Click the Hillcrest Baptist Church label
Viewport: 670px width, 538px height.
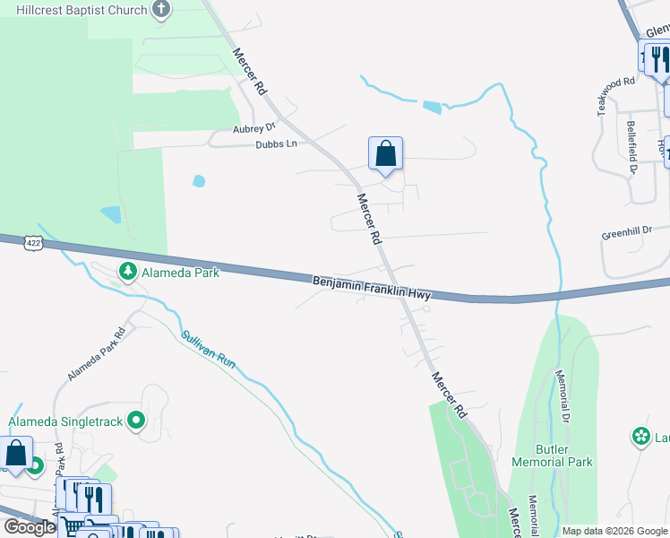pos(76,11)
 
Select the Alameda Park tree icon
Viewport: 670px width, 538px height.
pos(128,271)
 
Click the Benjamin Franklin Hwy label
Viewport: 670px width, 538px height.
pos(372,288)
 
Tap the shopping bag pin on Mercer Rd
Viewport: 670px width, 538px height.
pos(385,154)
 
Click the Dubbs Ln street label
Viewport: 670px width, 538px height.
pos(275,143)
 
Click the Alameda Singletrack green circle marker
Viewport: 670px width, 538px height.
pos(136,420)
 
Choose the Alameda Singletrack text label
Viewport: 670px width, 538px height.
pos(64,421)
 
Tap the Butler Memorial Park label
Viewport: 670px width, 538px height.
pos(552,456)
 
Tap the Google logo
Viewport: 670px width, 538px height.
pos(30,527)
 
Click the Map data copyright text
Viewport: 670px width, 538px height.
pos(614,531)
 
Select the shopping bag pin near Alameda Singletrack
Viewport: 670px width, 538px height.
pos(16,455)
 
